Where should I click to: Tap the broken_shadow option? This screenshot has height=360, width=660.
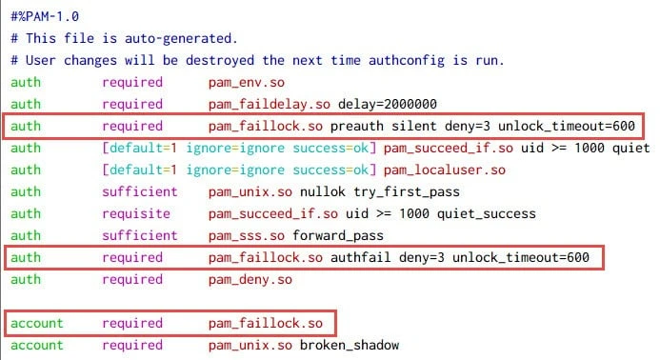tap(355, 345)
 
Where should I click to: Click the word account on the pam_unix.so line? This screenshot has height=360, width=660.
tap(37, 345)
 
